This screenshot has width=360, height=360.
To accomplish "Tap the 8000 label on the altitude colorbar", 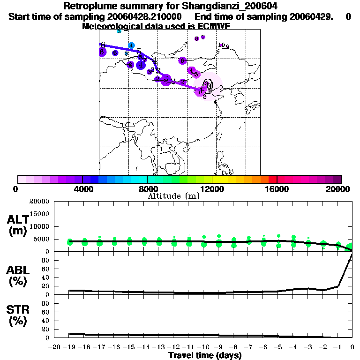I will pos(147,189).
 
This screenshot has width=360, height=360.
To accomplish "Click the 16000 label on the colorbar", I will pos(277,189).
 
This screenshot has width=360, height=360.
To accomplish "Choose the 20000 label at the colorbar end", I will pos(339,189).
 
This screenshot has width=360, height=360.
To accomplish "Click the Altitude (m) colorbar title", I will pos(173,196).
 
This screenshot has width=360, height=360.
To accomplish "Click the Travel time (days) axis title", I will pos(205,356).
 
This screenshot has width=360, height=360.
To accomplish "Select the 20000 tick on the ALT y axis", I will pos(39,202).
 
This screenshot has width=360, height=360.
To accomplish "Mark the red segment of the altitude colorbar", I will pos(272,179).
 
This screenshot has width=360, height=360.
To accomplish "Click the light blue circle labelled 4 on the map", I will pos(132,45).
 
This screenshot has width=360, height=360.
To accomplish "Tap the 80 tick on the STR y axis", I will pos(46,303).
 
